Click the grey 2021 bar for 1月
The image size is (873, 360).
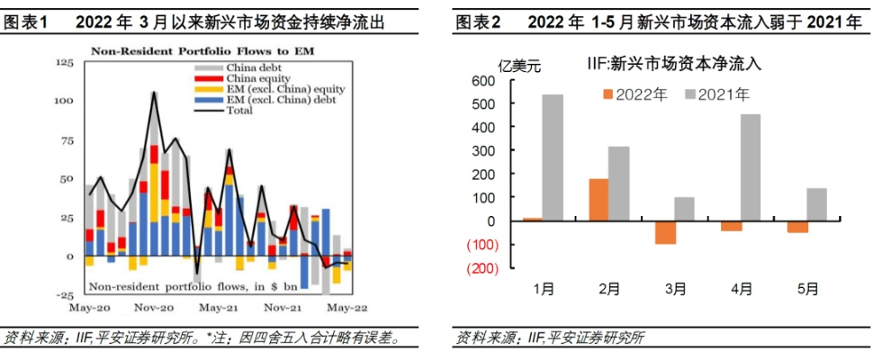(x=553, y=157)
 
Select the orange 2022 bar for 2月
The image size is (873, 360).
(x=598, y=200)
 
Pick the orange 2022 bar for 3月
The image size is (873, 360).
(x=665, y=232)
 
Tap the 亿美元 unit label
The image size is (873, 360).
(x=519, y=63)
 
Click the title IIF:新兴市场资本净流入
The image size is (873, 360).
(x=672, y=64)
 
